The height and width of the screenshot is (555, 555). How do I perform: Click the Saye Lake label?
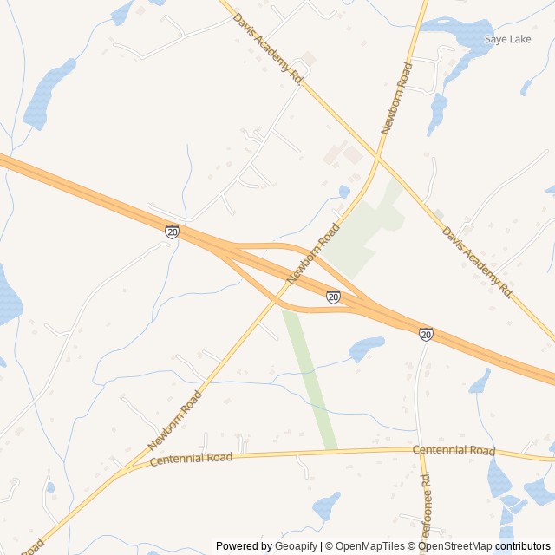point(507,39)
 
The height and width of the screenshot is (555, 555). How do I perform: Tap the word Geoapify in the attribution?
point(297,546)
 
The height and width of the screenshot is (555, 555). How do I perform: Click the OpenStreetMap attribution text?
point(455,546)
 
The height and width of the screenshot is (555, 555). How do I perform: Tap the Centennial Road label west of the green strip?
point(192,458)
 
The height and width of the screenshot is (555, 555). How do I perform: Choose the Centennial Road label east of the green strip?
point(454,450)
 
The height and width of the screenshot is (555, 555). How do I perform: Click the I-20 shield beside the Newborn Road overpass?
point(334,297)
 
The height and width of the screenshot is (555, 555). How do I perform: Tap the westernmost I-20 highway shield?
point(172,232)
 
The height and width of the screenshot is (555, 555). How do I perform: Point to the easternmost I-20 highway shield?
point(426,334)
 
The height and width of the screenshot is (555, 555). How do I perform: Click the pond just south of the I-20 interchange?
point(366,349)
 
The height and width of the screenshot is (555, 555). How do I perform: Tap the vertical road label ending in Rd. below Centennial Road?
point(424,507)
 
